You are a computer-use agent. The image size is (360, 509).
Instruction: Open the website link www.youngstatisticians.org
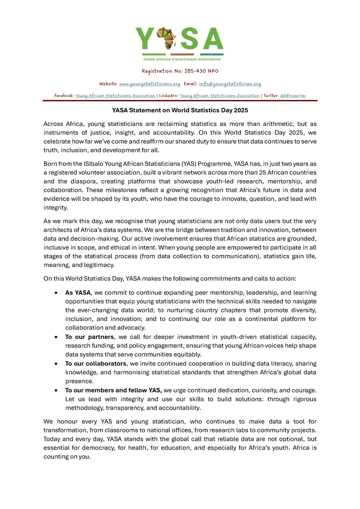(150, 84)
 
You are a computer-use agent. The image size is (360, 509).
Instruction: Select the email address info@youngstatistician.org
(230, 84)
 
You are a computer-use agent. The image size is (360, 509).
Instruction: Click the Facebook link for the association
(115, 96)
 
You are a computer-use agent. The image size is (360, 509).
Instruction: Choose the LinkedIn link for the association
(220, 96)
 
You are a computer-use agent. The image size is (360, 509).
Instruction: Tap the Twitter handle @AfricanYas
(293, 96)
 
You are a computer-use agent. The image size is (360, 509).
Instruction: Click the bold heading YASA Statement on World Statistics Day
(180, 110)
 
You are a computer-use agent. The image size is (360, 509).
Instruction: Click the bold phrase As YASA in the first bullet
(78, 293)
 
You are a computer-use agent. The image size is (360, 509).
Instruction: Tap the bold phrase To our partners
(89, 337)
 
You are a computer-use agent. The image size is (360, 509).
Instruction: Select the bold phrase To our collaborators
(95, 364)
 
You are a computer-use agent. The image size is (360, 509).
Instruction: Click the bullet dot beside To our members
(56, 390)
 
